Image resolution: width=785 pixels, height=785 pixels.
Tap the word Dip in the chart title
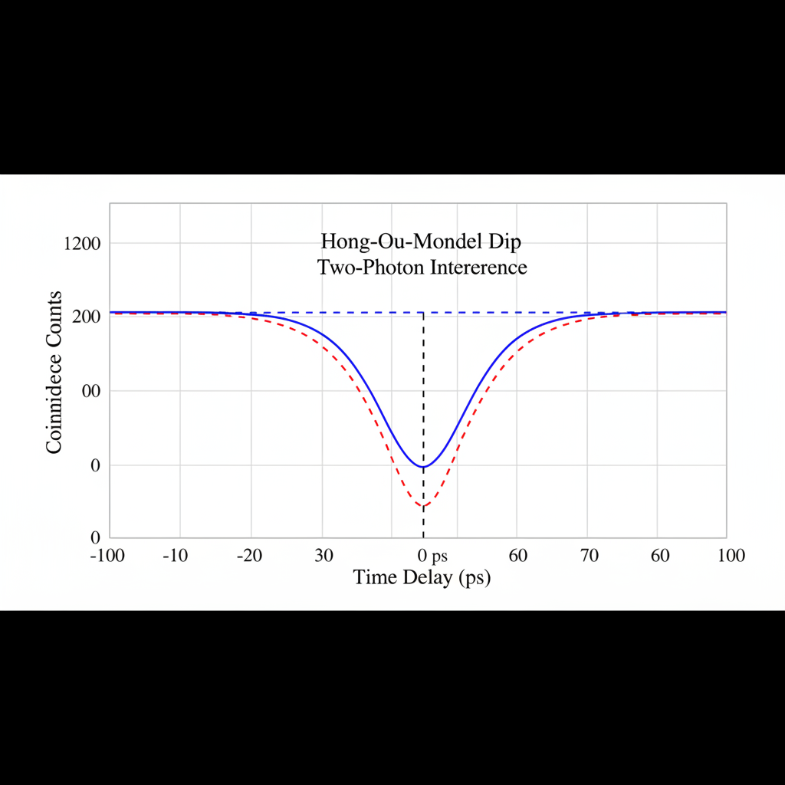pyautogui.click(x=502, y=241)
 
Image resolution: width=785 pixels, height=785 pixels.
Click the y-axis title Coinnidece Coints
pyautogui.click(x=54, y=372)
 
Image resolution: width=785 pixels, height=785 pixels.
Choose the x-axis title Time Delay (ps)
pyautogui.click(x=422, y=577)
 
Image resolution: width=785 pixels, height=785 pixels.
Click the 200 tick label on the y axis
pyautogui.click(x=87, y=317)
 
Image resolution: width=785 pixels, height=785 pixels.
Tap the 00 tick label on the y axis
pyautogui.click(x=91, y=391)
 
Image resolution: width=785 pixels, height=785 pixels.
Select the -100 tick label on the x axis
pyautogui.click(x=107, y=556)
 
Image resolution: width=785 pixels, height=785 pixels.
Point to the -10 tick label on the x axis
pyautogui.click(x=176, y=556)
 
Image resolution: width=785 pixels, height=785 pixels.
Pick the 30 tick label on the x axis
pyautogui.click(x=324, y=556)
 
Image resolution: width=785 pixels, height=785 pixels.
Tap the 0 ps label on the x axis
pyautogui.click(x=432, y=556)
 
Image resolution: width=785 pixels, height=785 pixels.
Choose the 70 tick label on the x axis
pyautogui.click(x=589, y=556)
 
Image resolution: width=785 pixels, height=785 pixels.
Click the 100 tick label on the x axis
pyautogui.click(x=731, y=556)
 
